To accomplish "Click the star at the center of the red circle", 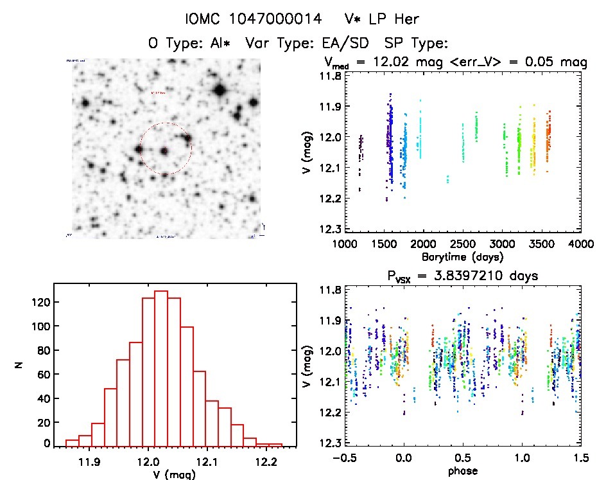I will [x=164, y=151].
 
